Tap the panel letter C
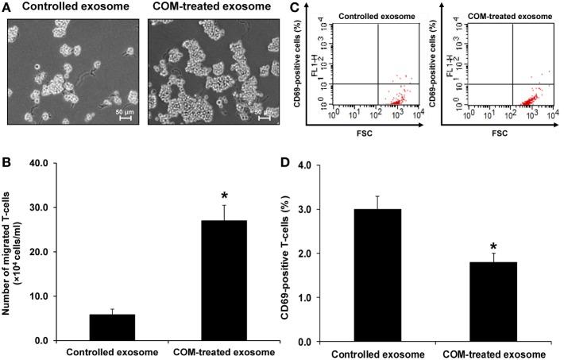click(x=293, y=8)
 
